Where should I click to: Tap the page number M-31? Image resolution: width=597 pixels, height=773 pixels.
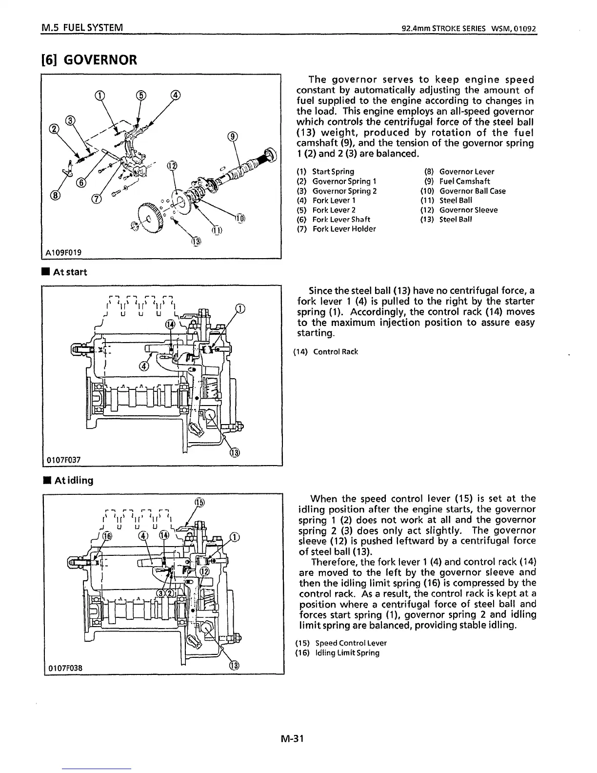coord(292,738)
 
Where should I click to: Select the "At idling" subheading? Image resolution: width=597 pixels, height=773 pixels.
coord(68,480)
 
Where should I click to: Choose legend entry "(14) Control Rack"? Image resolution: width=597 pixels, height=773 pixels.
coord(325,351)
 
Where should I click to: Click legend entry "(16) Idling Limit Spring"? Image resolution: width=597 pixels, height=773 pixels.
coord(338,653)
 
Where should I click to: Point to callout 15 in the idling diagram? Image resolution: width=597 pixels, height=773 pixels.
coord(199,503)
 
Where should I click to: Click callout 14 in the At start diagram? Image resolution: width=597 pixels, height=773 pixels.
coord(170,325)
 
